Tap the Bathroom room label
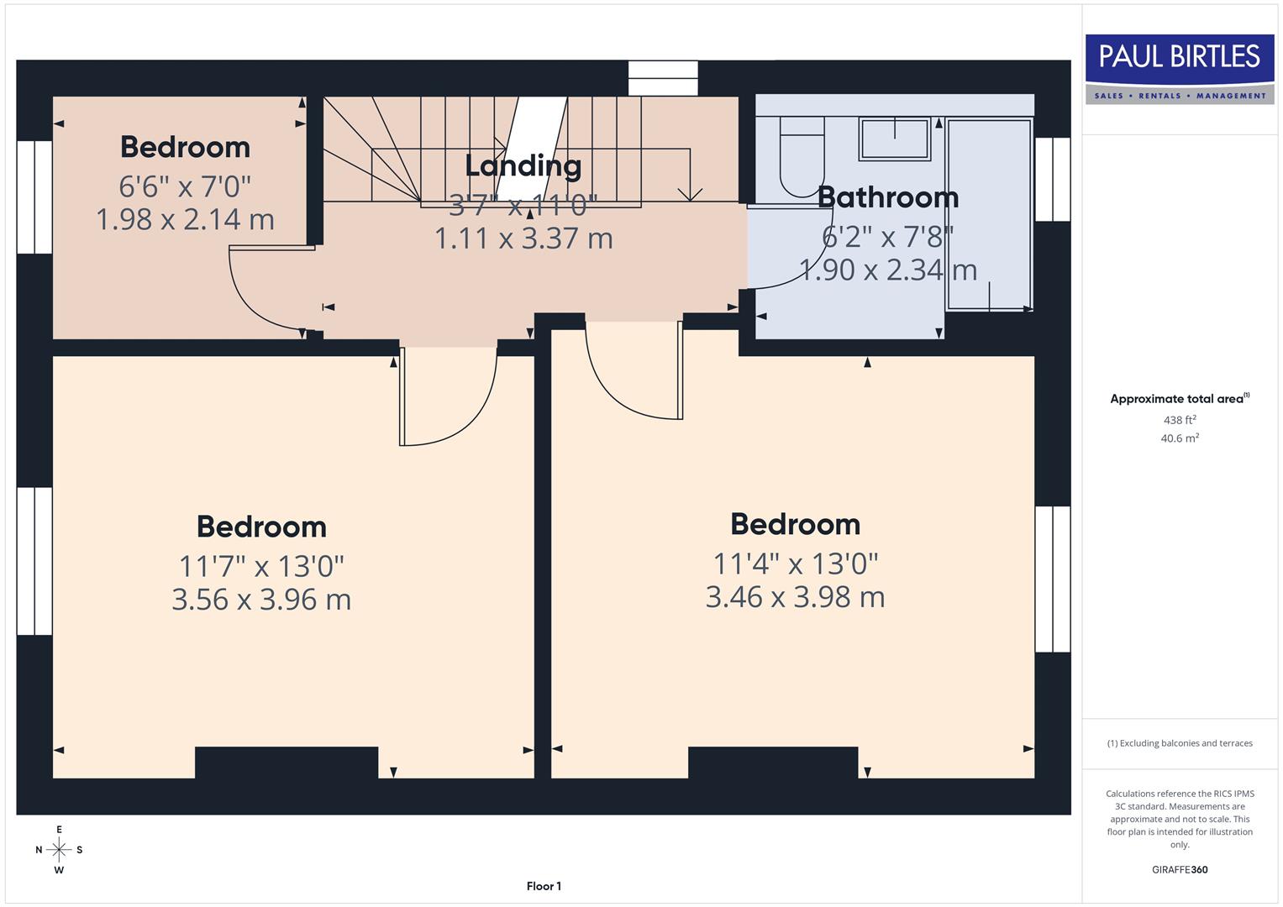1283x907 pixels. pyautogui.click(x=887, y=197)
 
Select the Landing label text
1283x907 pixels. pyautogui.click(x=523, y=165)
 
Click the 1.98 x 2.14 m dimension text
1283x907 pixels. pyautogui.click(x=185, y=219)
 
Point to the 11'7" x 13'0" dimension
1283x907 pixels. pyautogui.click(x=261, y=566)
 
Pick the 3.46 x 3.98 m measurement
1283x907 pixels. pyautogui.click(x=795, y=597)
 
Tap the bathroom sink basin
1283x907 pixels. pyautogui.click(x=894, y=139)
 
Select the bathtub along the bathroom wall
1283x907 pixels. pyautogui.click(x=989, y=214)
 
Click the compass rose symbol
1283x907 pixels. pyautogui.click(x=59, y=850)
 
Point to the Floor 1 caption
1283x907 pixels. pyautogui.click(x=544, y=886)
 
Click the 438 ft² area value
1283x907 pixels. pyautogui.click(x=1179, y=420)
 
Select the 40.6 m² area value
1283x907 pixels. pyautogui.click(x=1179, y=438)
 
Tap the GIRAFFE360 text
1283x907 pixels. pyautogui.click(x=1179, y=869)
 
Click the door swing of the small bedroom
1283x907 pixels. pyautogui.click(x=260, y=294)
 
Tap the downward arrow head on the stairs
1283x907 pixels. pyautogui.click(x=690, y=194)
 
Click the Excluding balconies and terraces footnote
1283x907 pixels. pyautogui.click(x=1179, y=743)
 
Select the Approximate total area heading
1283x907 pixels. pyautogui.click(x=1179, y=399)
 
